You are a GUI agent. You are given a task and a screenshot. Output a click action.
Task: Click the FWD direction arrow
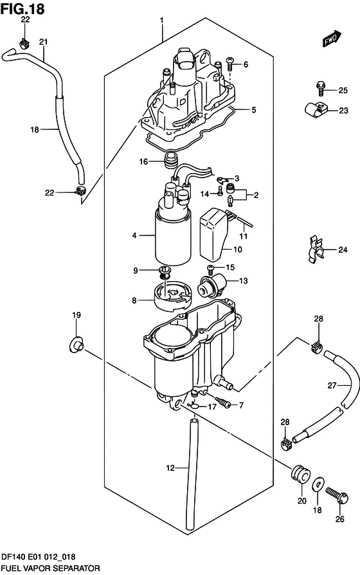point(332,39)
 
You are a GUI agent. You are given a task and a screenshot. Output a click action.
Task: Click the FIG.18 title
point(22,9)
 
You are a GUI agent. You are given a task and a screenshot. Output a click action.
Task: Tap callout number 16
point(143,161)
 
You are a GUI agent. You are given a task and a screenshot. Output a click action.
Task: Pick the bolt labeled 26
point(337,495)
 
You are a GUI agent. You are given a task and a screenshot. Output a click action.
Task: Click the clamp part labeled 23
point(316,109)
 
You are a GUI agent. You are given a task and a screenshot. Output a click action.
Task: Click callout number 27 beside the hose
point(332,385)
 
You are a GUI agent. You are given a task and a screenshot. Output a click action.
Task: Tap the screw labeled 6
point(231,64)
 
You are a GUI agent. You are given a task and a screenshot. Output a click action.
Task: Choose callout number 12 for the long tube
point(170,468)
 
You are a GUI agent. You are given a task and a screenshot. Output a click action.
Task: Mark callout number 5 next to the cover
point(254,109)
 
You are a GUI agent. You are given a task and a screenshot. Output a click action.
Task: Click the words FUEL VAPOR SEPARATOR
point(51,568)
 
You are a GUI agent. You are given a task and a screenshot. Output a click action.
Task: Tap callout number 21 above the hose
point(44,42)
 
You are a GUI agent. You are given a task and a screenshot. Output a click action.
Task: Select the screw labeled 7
point(223,401)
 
